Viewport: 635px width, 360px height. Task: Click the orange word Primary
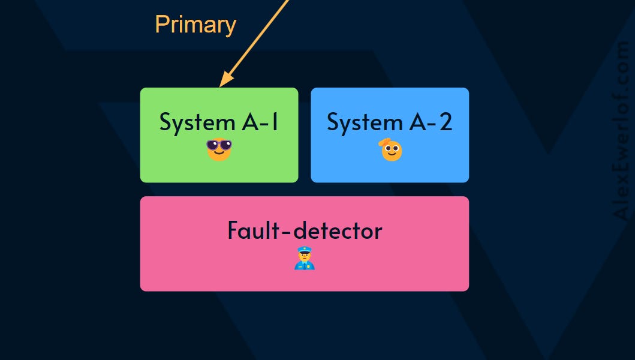[195, 25]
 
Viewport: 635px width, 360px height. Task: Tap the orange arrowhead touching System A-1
[225, 79]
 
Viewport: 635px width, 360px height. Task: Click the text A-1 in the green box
[260, 122]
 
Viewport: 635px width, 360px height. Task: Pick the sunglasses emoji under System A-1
[219, 149]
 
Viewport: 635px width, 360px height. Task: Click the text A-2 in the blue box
[431, 122]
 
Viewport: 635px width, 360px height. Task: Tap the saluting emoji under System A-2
[391, 149]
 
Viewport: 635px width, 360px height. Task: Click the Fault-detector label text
[305, 230]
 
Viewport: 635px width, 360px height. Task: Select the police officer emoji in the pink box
[305, 258]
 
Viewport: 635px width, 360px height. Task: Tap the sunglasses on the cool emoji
[219, 145]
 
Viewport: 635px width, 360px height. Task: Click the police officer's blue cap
[305, 250]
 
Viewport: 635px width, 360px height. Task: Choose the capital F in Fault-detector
[233, 230]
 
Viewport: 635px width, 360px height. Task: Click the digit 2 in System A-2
[446, 122]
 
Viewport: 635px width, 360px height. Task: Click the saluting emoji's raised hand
[384, 142]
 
